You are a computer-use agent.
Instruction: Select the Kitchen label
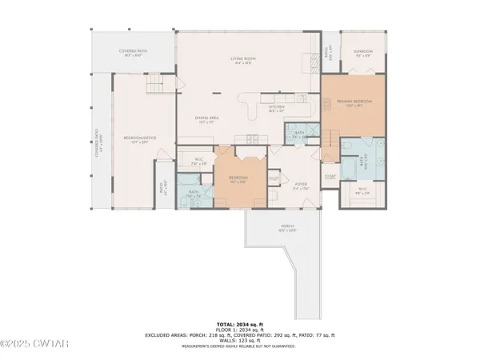point(277,107)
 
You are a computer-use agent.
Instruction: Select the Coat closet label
point(330,176)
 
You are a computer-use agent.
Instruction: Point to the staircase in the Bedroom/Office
point(155,86)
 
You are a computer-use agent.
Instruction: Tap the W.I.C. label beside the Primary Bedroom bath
point(362,190)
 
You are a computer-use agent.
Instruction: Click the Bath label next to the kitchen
point(299,134)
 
